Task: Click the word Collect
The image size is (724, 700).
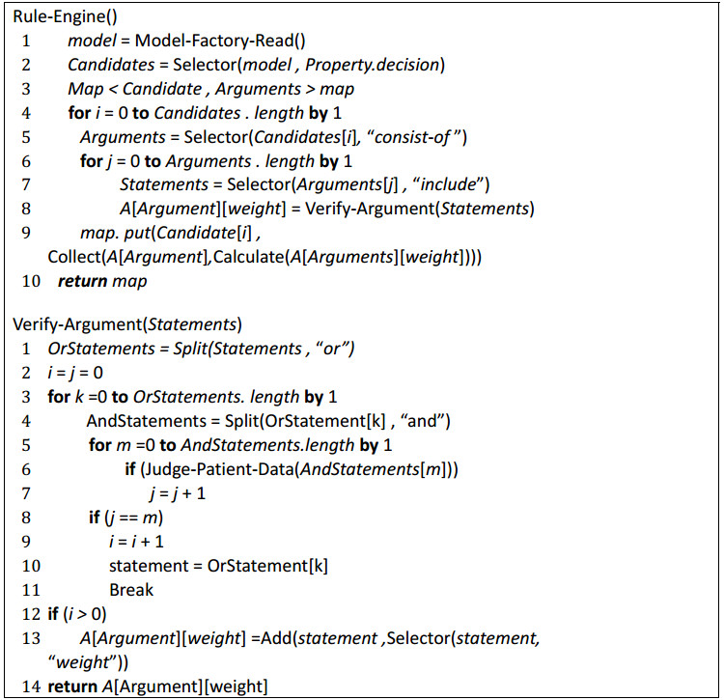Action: click(x=71, y=258)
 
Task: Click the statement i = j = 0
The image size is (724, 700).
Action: click(x=75, y=372)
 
